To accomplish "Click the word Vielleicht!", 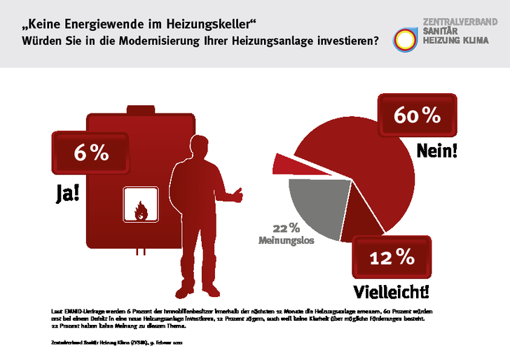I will (x=392, y=289).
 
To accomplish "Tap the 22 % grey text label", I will (x=286, y=228).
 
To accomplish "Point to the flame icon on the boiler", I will (x=141, y=209).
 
